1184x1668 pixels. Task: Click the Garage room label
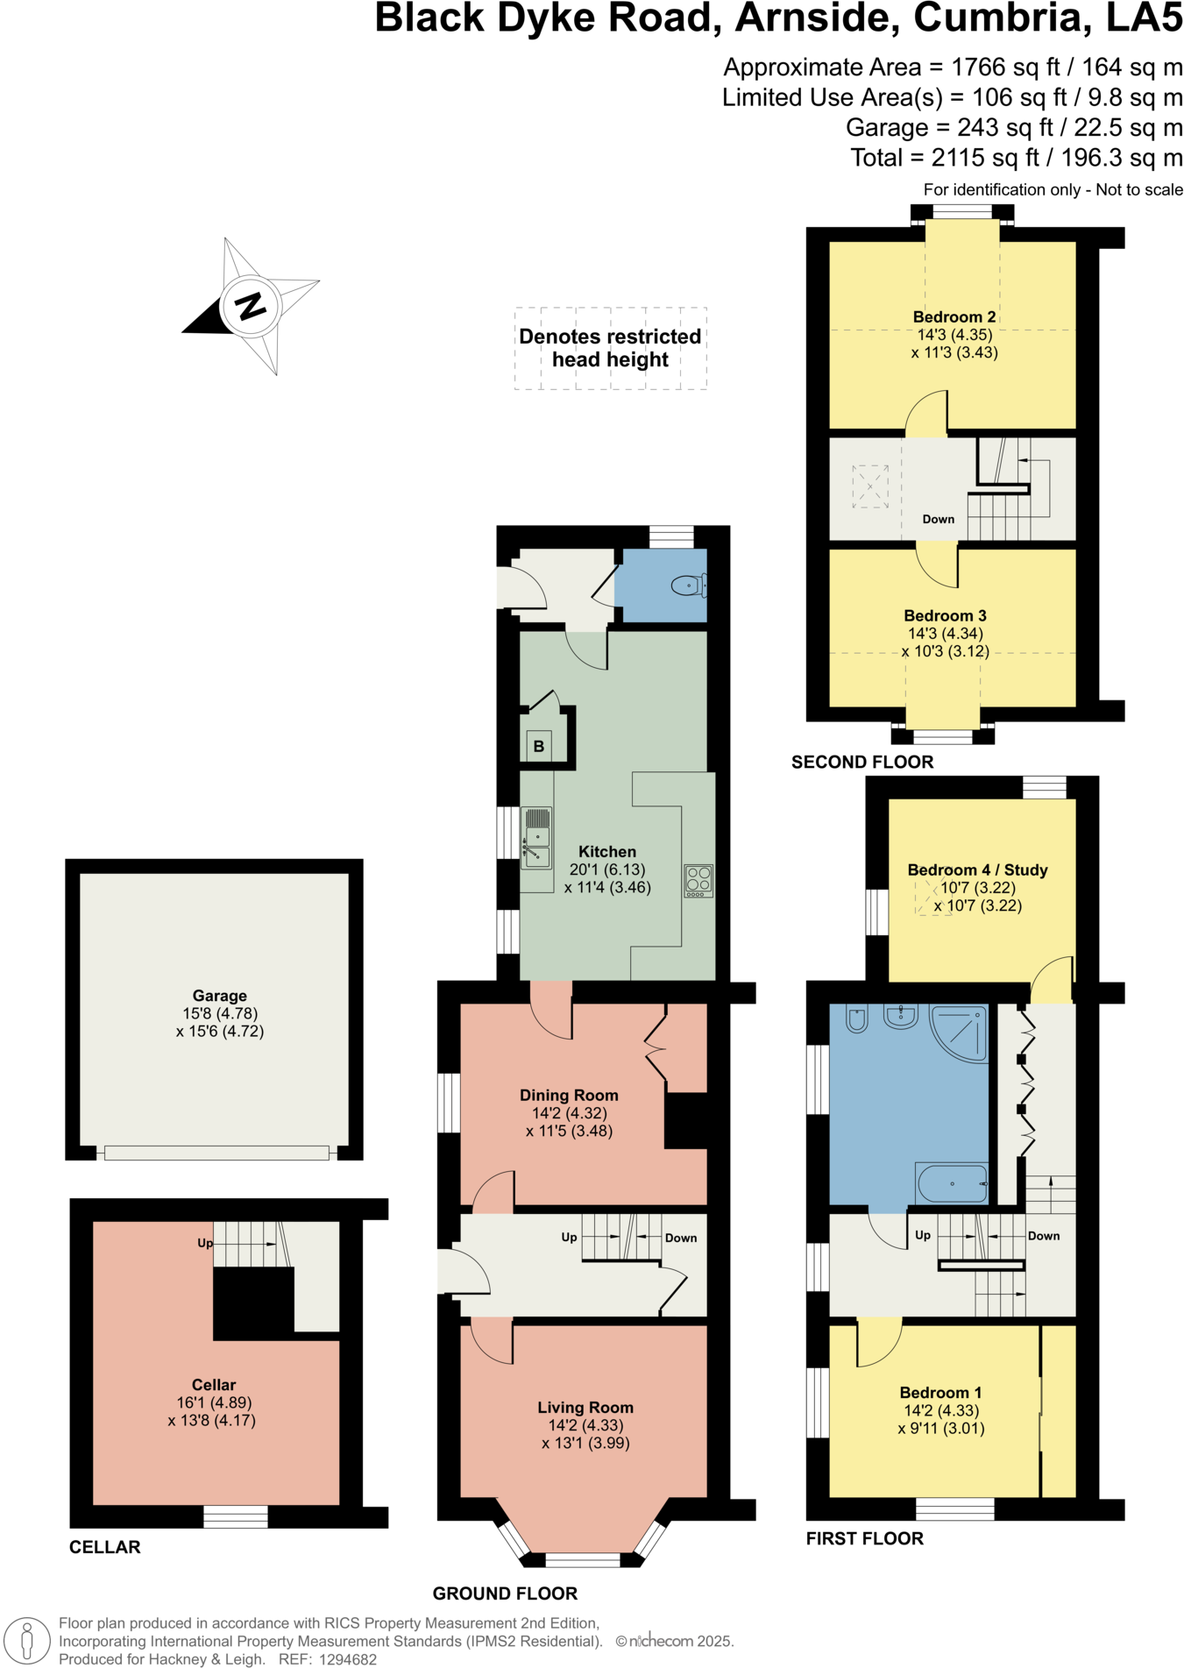(x=219, y=996)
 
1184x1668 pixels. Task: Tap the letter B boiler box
(x=538, y=747)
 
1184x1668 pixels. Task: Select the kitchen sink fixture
(x=536, y=838)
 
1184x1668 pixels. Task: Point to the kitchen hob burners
(x=698, y=881)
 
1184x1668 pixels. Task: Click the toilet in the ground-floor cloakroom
(x=689, y=586)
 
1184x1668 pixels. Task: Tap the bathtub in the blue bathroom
(x=952, y=1183)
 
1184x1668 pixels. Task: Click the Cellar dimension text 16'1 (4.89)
(x=214, y=1402)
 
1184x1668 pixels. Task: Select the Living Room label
(x=585, y=1408)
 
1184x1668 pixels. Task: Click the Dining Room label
(x=569, y=1095)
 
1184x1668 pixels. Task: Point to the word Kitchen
(x=607, y=851)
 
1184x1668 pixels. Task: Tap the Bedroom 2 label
(x=954, y=316)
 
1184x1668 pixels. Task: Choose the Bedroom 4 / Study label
(x=977, y=869)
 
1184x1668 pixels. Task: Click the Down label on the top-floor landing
(x=938, y=519)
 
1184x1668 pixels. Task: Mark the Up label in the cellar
(x=205, y=1243)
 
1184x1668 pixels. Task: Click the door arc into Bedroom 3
(x=936, y=568)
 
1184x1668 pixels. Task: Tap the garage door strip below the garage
(x=216, y=1153)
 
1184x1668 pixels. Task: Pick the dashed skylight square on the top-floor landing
(x=870, y=486)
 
